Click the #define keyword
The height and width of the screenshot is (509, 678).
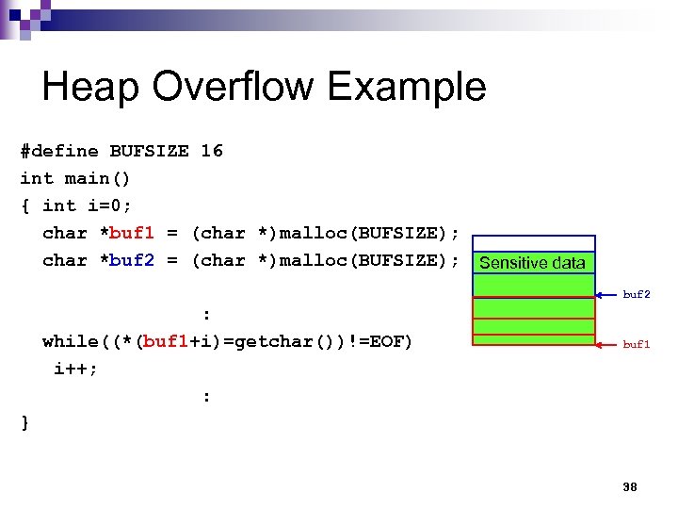(58, 151)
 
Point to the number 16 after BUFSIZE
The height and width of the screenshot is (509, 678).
(212, 151)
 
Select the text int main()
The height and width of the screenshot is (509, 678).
(75, 178)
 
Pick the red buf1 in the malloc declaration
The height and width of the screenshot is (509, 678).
(131, 233)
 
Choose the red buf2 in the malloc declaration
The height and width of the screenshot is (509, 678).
(131, 260)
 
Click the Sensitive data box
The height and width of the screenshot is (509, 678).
(533, 263)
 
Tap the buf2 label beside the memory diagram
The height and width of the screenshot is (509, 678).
(637, 295)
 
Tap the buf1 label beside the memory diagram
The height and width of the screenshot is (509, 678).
(637, 345)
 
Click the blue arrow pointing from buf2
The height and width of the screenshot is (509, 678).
(608, 295)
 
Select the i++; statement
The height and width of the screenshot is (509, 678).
(75, 369)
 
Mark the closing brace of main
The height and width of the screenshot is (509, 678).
(25, 423)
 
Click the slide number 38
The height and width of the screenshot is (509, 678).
(630, 487)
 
